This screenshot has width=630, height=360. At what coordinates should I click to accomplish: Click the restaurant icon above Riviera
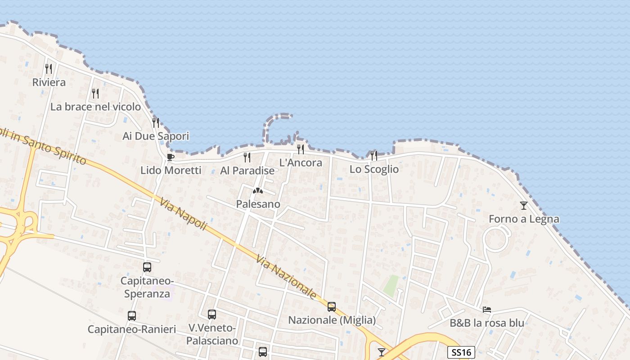[x=49, y=69]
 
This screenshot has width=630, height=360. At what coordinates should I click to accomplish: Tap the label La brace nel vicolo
[x=95, y=107]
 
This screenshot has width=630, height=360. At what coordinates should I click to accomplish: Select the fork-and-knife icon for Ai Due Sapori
[x=156, y=122]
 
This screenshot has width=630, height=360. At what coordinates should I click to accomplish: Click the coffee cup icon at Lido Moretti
[x=170, y=157]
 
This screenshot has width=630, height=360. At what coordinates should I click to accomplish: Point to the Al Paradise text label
[x=247, y=171]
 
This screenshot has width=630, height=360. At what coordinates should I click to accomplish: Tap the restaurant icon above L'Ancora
[x=301, y=149]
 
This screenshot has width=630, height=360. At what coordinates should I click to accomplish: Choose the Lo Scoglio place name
[x=374, y=170]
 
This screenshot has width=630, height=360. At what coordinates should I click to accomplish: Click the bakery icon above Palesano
[x=258, y=191]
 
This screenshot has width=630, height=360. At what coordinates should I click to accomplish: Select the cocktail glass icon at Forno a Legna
[x=524, y=206]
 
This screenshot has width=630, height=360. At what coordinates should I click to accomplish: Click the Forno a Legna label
[x=524, y=219]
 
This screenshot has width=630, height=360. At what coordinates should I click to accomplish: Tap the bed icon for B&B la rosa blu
[x=487, y=310]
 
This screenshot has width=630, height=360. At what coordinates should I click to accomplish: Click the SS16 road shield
[x=461, y=352]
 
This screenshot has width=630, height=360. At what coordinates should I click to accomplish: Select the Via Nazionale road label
[x=287, y=277]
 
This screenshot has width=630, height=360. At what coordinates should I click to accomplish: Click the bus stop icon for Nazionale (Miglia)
[x=332, y=307]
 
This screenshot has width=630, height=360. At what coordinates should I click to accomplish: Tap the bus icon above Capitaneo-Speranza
[x=147, y=267]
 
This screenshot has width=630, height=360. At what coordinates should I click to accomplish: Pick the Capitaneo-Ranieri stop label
[x=131, y=329]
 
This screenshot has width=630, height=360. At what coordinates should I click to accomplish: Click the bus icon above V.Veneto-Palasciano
[x=212, y=315]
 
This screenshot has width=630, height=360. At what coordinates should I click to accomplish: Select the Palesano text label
[x=258, y=204]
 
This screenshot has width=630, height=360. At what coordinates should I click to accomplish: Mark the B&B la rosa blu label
[x=487, y=323]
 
